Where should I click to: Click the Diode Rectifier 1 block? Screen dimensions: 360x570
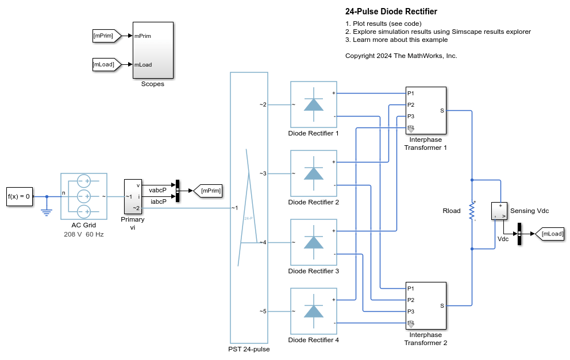point(313,104)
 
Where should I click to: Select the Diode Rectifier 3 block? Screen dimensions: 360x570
point(313,242)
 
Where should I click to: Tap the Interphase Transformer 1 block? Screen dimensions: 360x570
point(426,110)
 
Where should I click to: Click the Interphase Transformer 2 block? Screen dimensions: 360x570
point(426,305)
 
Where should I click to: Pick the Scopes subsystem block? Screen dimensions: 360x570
point(153,50)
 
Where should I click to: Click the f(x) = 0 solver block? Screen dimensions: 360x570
point(19,196)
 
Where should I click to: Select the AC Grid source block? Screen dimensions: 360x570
point(84,196)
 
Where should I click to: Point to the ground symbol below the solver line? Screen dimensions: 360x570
point(47,211)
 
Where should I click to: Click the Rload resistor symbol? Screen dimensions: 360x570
point(472,211)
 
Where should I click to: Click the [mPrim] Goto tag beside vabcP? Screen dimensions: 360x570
point(208,190)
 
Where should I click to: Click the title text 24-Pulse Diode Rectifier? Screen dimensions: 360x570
point(391,11)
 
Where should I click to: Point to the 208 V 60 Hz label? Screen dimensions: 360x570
point(84,234)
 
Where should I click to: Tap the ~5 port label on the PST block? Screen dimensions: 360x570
point(263,311)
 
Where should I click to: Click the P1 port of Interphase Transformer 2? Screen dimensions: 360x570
point(411,288)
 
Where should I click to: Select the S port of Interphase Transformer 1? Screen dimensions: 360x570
point(441,110)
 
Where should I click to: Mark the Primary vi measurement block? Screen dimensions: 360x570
point(133,196)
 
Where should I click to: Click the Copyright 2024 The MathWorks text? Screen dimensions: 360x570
point(401,56)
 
